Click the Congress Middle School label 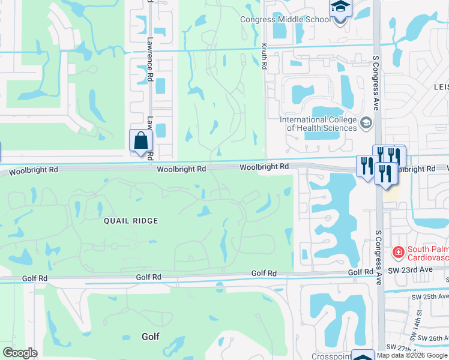coord(285,19)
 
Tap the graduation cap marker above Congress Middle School coord(340,7)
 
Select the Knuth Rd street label coord(264,56)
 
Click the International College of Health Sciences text coord(318,124)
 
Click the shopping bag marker coord(140,141)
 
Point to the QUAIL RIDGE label coord(131,221)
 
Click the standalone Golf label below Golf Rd coord(150,337)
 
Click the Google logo coord(20,353)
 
